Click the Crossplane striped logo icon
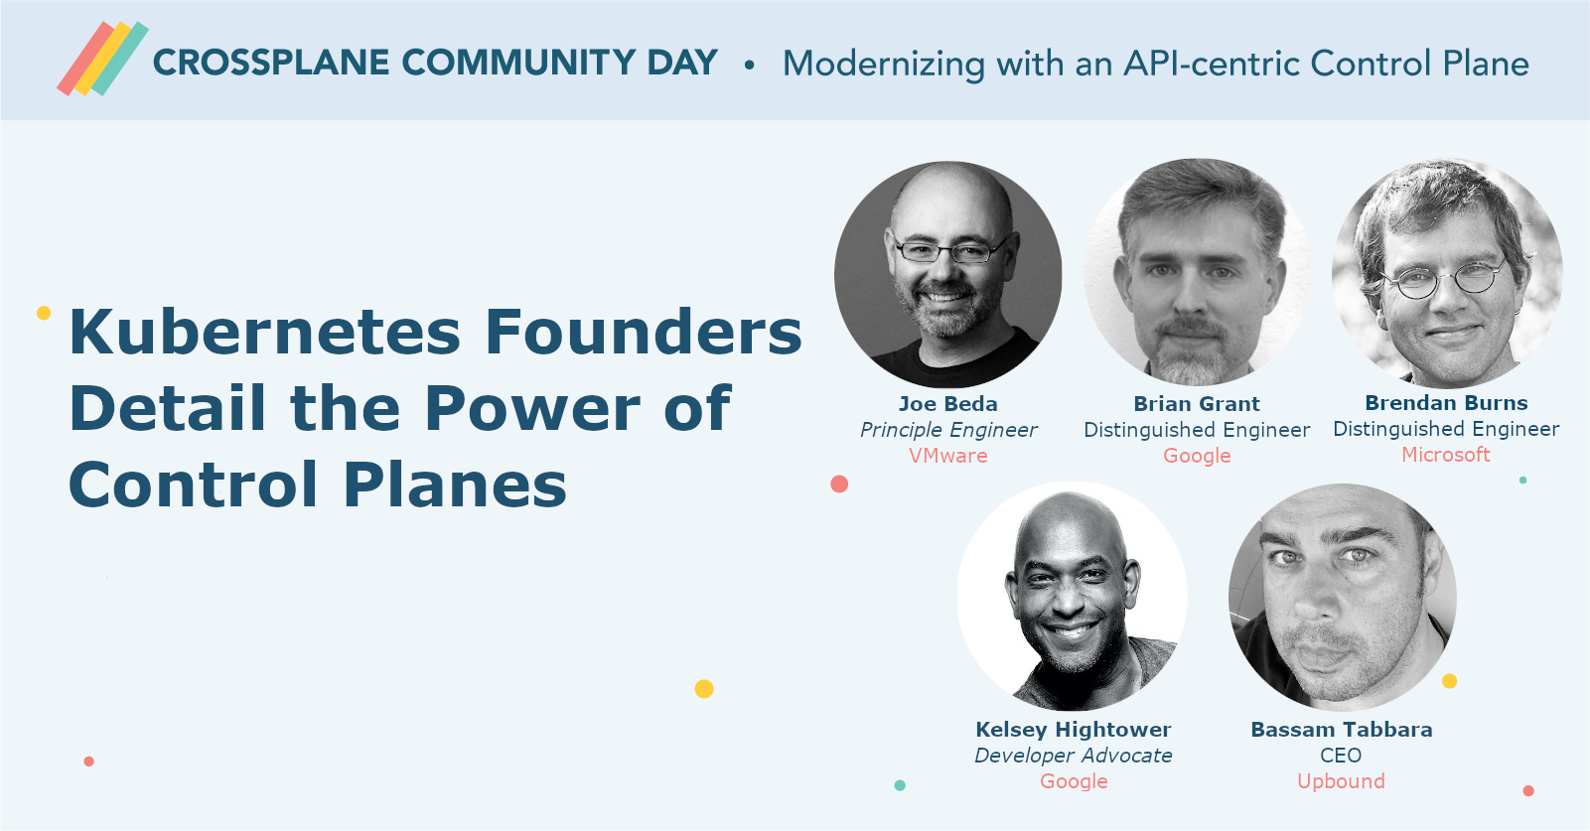[103, 59]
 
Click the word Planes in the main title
[455, 485]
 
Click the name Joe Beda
[948, 404]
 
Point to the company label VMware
[948, 456]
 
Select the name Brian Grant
[1197, 404]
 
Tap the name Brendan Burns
[1447, 403]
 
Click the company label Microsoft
[1446, 455]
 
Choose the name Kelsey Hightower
[1074, 730]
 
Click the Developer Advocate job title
[1074, 756]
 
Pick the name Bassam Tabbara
[1342, 730]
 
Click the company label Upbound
[1342, 781]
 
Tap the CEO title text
[1341, 756]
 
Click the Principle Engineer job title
[948, 430]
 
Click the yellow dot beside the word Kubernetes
[44, 313]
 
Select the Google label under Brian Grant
[1197, 457]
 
